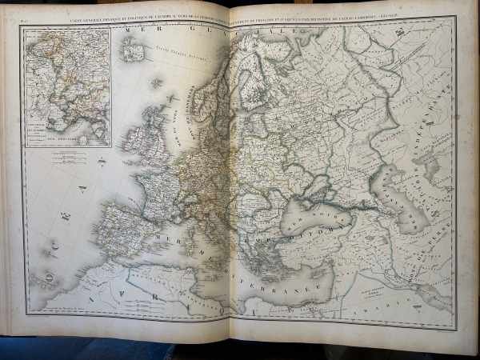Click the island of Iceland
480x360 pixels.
(x=131, y=49)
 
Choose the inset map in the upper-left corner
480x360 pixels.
(x=67, y=86)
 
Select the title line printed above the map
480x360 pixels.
(x=240, y=17)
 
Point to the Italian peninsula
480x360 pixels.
(x=203, y=232)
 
